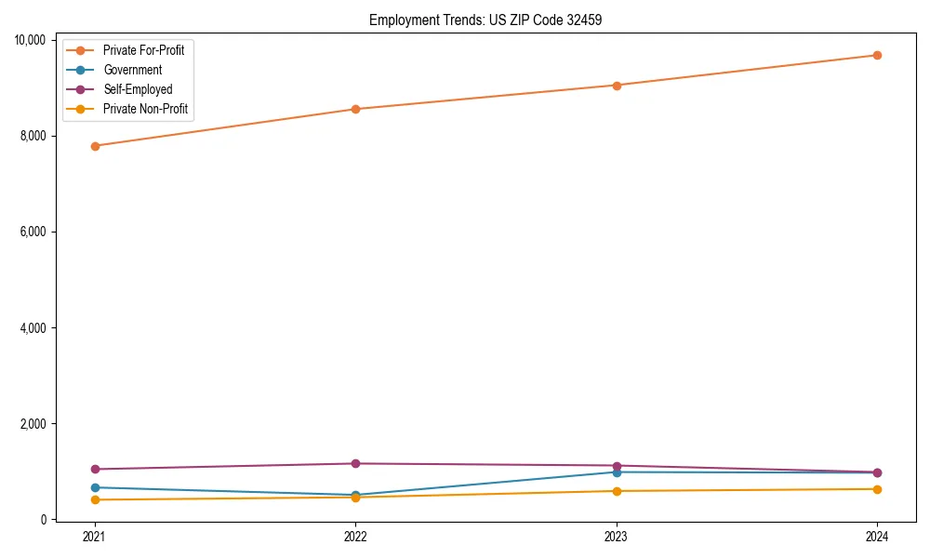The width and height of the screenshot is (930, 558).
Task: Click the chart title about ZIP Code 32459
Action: pos(485,20)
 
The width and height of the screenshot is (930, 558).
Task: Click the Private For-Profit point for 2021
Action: pos(95,146)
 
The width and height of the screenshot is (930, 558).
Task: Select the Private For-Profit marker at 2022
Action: pos(355,109)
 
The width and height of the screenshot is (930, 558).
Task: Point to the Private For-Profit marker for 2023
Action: pos(617,86)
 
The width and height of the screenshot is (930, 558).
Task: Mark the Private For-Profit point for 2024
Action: pos(877,55)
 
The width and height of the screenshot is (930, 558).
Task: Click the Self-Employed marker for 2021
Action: pos(95,470)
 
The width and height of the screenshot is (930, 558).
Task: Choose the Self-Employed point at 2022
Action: pos(355,464)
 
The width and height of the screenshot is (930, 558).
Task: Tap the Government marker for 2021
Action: pos(95,487)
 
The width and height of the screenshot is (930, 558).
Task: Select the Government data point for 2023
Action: pos(617,472)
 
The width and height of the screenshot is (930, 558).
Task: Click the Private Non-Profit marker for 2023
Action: pos(617,491)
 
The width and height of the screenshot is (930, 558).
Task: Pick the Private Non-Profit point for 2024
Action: pos(877,489)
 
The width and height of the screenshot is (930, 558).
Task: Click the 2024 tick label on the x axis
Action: pos(877,537)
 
